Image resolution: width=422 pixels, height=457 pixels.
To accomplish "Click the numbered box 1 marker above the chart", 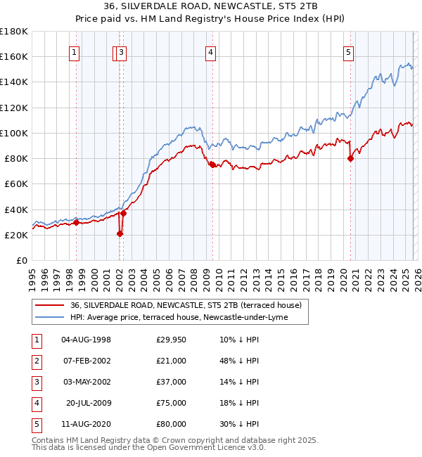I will [75, 51].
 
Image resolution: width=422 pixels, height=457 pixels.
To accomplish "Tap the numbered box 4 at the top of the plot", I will [210, 51].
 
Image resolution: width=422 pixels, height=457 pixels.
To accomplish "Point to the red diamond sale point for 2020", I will [350, 158].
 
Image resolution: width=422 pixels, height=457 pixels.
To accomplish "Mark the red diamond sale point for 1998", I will [76, 223].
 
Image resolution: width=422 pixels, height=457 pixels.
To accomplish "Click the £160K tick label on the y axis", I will [14, 56].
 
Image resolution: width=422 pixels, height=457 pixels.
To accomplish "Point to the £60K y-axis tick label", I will [15, 184].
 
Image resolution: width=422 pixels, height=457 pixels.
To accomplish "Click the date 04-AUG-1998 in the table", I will [87, 340].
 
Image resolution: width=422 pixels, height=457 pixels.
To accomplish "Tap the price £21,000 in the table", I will [172, 361].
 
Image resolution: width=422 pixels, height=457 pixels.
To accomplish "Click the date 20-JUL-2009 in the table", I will [89, 403].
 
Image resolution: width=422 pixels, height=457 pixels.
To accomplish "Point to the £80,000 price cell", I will [172, 424].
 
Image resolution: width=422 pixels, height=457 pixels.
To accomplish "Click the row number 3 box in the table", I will [34, 382].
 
